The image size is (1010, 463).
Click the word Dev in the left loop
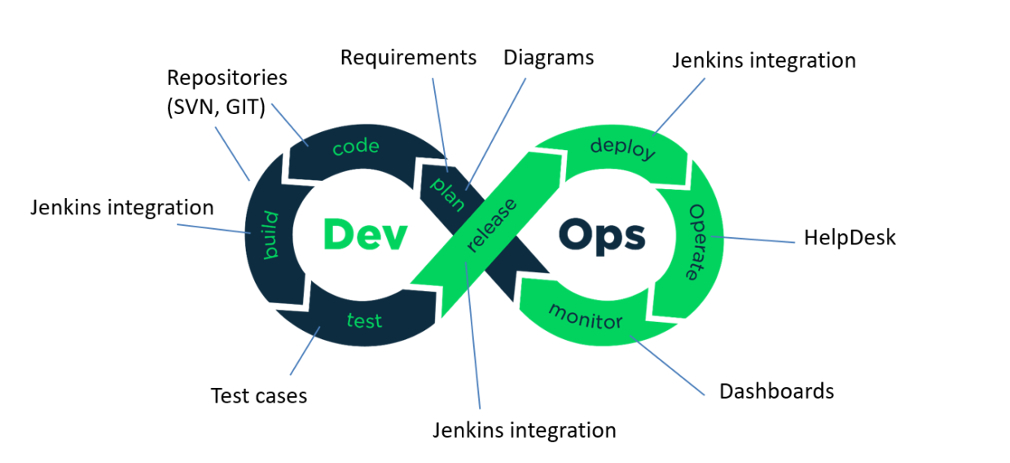[x=364, y=234]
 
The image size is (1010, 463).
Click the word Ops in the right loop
[x=602, y=236]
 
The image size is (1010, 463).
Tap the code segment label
[x=357, y=147]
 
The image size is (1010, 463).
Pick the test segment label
[x=364, y=320]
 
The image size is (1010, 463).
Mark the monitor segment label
[x=585, y=315]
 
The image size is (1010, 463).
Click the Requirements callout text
[x=408, y=58]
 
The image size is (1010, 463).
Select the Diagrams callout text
[x=548, y=58]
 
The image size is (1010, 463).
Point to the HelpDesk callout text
[x=850, y=237]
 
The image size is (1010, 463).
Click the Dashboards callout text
[x=776, y=390]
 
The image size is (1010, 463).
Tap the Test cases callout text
[x=259, y=395]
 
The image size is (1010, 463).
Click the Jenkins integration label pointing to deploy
[x=764, y=60]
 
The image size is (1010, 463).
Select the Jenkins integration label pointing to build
[x=122, y=207]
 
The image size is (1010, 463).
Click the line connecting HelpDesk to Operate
[x=757, y=240]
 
